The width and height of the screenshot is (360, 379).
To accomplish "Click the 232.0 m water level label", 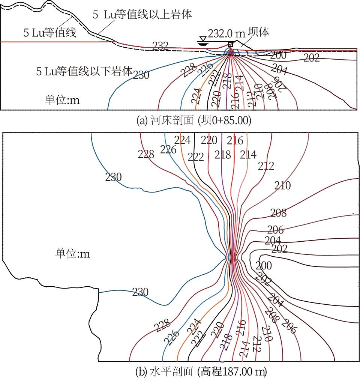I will coord(226,33).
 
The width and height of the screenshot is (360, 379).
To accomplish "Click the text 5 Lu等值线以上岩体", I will coord(142,15).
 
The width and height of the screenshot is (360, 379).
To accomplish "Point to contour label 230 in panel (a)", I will coord(141,75).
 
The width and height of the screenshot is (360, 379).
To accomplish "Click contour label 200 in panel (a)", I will coord(278,56).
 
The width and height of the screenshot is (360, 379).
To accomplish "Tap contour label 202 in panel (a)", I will coord(311,58).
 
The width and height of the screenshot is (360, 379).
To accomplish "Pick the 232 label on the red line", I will coord(160,46).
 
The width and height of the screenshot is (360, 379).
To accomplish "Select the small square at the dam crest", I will coord(230,44).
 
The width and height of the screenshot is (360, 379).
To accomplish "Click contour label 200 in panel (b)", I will coord(264,266).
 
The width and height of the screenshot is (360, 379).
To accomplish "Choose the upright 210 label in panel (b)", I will coord(282,185).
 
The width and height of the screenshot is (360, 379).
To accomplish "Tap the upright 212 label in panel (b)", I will coord(266,165).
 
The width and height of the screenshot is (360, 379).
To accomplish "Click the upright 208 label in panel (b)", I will coord(278,213).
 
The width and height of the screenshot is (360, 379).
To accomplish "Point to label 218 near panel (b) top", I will coord(223,154).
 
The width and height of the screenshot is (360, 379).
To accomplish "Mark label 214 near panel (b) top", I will coord(248,154).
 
